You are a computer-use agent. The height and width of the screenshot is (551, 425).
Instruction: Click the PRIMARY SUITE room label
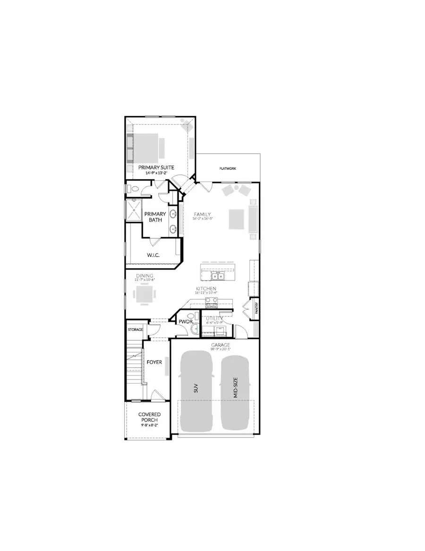(156, 167)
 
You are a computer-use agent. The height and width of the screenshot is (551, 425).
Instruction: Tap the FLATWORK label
(228, 168)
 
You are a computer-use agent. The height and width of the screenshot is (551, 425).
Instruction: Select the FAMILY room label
(202, 214)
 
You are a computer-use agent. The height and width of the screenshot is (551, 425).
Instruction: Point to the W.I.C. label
(153, 255)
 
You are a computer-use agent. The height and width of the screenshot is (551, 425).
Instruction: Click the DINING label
(144, 275)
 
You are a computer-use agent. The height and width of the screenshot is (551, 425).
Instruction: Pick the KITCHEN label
(206, 288)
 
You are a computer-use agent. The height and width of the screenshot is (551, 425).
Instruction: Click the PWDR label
(183, 322)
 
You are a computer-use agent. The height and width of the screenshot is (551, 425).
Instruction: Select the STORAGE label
(136, 329)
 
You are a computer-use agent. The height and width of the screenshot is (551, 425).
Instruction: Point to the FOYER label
(154, 362)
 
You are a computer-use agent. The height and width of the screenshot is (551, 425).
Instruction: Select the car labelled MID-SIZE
(235, 391)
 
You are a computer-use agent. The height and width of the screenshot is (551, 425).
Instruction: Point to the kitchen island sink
(218, 276)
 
